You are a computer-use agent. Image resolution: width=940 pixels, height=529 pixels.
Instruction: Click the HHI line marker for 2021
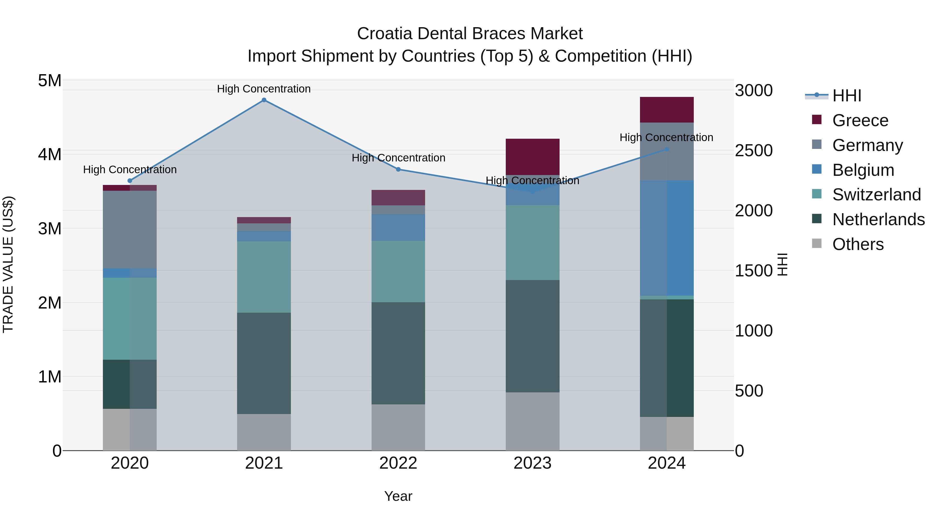coord(264,100)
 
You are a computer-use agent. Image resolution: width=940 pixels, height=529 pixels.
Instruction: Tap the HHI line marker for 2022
coord(398,169)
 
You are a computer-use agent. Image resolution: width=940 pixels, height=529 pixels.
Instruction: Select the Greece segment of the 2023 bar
coord(532,157)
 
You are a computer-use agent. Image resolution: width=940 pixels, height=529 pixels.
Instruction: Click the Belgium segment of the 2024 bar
coord(667,238)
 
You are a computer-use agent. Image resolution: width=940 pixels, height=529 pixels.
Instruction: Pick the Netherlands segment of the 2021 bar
coord(264,363)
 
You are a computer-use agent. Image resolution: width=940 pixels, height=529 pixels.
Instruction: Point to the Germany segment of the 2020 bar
coord(130,229)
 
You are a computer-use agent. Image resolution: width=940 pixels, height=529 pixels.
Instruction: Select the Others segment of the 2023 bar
coord(532,421)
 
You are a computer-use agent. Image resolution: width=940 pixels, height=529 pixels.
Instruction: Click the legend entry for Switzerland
coord(877,195)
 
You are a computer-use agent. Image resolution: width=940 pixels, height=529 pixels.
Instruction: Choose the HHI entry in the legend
coord(847,96)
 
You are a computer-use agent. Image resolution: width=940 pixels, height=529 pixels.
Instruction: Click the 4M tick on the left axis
coord(50,154)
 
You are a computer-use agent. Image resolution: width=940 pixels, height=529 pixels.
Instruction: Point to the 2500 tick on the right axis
coord(754,150)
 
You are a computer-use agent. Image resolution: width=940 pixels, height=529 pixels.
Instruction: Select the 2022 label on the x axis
coord(398,463)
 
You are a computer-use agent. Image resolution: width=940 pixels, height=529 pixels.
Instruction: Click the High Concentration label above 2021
coord(264,89)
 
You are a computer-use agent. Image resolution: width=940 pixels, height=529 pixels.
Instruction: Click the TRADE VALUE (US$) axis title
coord(8,264)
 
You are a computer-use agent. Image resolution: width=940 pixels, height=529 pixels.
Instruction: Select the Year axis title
coord(398,496)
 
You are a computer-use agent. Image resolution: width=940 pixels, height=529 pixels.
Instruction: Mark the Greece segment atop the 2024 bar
coord(667,109)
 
